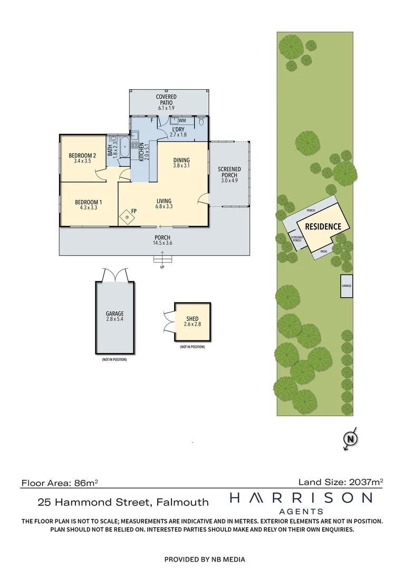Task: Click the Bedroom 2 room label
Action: pyautogui.click(x=82, y=155)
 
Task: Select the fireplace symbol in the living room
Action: pyautogui.click(x=127, y=215)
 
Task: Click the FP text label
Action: pyautogui.click(x=134, y=211)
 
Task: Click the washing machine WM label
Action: pyautogui.click(x=182, y=121)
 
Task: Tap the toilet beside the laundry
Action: pyautogui.click(x=201, y=122)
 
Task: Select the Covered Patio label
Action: pyautogui.click(x=166, y=100)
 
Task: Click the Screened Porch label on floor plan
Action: pyautogui.click(x=229, y=173)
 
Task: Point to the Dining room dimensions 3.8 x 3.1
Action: pyautogui.click(x=181, y=166)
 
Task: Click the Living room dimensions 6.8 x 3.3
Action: pyautogui.click(x=165, y=207)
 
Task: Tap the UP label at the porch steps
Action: pyautogui.click(x=162, y=267)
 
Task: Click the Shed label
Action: pyautogui.click(x=192, y=319)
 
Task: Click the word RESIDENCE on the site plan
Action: pyautogui.click(x=323, y=226)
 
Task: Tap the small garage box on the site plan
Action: pyautogui.click(x=346, y=286)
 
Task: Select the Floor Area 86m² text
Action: pyautogui.click(x=60, y=482)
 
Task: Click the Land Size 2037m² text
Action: pyautogui.click(x=340, y=481)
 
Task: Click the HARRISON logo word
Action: pyautogui.click(x=301, y=498)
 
